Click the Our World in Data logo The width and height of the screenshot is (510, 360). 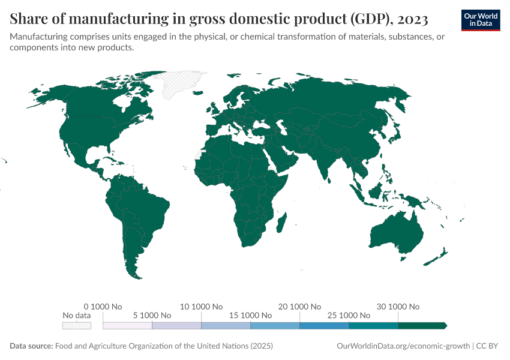[x=480, y=20]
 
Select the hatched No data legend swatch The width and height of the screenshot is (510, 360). [x=77, y=325]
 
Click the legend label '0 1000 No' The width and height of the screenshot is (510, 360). [x=103, y=306]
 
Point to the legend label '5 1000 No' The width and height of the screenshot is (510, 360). [x=152, y=315]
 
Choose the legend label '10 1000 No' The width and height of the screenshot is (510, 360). [x=202, y=306]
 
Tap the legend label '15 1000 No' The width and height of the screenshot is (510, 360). [x=250, y=315]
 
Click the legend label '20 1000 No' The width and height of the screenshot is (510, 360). [x=299, y=306]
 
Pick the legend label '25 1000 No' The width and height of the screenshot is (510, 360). [x=349, y=315]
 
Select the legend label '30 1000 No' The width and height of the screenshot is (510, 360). [x=398, y=306]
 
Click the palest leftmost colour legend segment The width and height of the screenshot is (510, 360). [x=128, y=325]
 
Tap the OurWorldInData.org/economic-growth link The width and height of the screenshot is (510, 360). [x=404, y=346]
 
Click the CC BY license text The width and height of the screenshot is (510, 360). [x=489, y=346]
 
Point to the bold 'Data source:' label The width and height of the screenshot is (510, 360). [x=31, y=346]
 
